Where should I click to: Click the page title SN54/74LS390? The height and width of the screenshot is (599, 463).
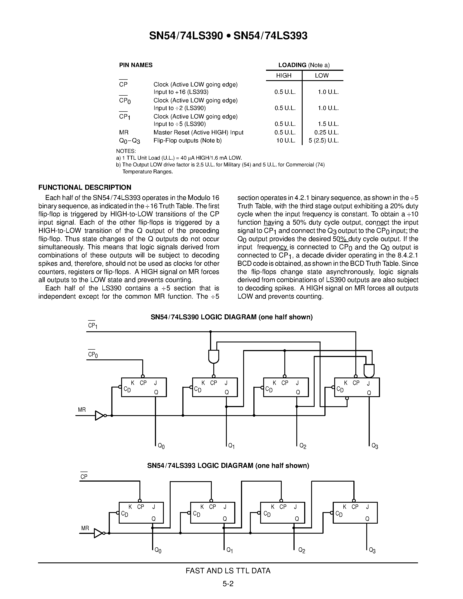point(186,36)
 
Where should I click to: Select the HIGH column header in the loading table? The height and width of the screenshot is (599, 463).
point(284,76)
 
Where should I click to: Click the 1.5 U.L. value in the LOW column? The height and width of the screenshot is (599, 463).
point(328,124)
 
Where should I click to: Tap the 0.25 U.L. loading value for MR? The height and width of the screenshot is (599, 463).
point(326,132)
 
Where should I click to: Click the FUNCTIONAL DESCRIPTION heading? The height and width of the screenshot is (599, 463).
point(85,187)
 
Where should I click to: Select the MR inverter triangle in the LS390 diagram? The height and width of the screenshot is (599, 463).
point(99,416)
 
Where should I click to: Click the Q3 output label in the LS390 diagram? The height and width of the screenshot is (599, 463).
point(375,446)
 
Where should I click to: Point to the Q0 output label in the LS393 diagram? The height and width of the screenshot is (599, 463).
point(158,550)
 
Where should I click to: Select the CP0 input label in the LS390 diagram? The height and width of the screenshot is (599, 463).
point(93,355)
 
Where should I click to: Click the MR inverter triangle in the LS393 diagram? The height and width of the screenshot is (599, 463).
point(98,533)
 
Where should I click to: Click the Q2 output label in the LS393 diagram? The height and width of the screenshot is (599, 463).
point(302,550)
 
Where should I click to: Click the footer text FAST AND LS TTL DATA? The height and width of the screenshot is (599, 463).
point(228,571)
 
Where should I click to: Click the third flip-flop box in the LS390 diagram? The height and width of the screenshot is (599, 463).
point(286,387)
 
